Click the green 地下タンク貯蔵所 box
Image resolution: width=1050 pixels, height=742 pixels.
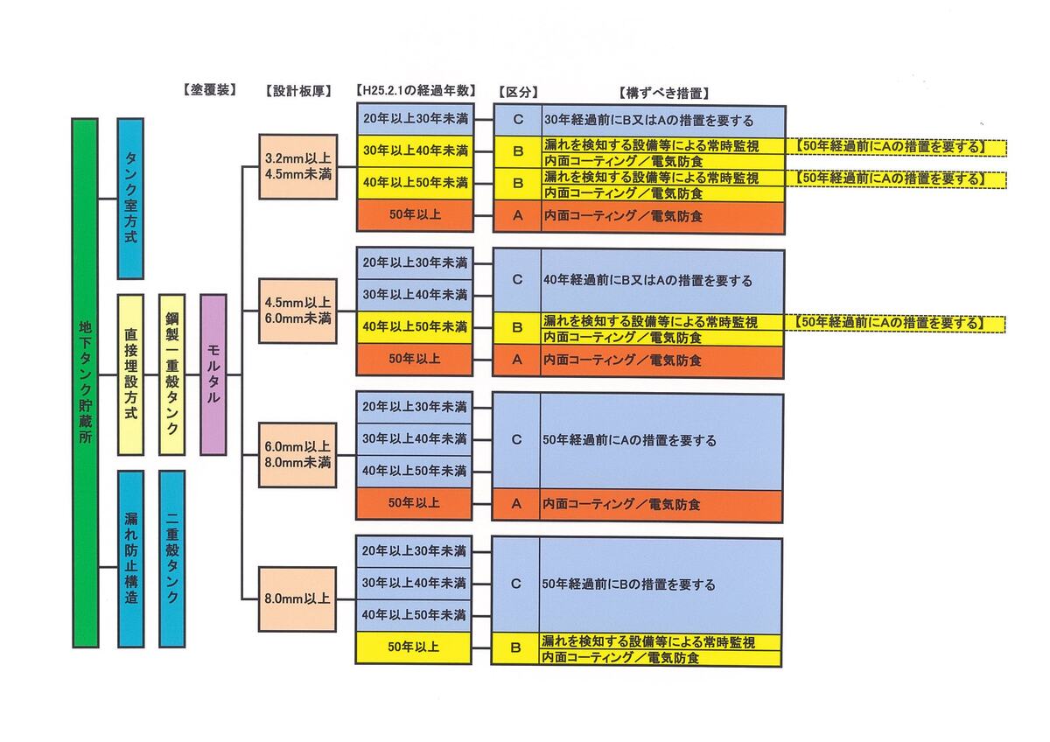(x=85, y=382)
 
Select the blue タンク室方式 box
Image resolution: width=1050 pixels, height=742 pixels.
(x=131, y=198)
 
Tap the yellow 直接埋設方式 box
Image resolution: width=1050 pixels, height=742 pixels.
(x=130, y=374)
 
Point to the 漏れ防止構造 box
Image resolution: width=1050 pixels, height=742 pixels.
(x=131, y=558)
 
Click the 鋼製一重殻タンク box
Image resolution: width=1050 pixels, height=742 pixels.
(x=171, y=374)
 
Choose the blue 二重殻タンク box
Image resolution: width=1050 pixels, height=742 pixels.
(x=171, y=558)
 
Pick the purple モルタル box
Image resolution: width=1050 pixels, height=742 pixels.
(x=213, y=374)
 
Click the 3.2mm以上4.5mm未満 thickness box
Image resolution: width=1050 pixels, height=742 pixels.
(x=297, y=166)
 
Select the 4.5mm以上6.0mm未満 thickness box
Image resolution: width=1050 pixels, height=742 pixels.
(x=297, y=311)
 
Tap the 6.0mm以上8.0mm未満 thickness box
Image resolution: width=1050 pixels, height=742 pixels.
(x=297, y=455)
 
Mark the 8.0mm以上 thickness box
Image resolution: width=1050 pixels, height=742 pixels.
(x=297, y=599)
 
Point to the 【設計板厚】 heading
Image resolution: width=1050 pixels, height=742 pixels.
(x=297, y=91)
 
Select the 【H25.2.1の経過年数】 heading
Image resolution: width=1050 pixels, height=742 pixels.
(x=416, y=91)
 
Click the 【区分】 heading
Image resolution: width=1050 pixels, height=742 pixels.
(x=517, y=92)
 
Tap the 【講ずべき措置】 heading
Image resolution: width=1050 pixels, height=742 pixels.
(x=662, y=92)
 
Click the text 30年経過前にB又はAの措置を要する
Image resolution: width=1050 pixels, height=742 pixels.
(x=648, y=121)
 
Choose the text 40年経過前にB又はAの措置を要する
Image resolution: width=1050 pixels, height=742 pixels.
(x=647, y=281)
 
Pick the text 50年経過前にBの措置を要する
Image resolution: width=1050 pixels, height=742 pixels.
(x=628, y=584)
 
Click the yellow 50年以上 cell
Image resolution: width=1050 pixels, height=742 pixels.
(x=415, y=647)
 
